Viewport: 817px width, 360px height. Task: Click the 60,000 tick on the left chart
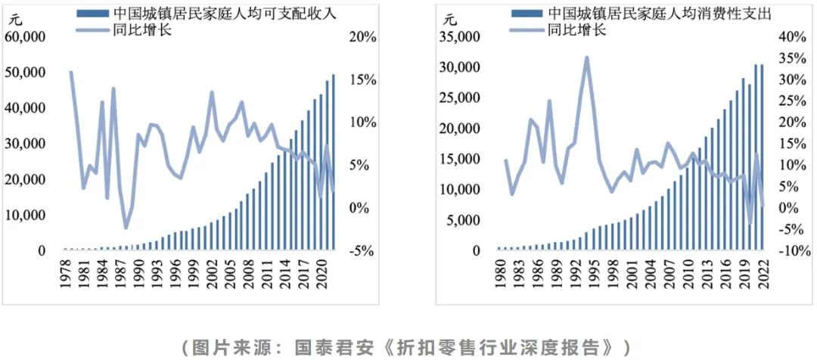click(26, 36)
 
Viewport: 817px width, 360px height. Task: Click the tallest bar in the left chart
click(333, 162)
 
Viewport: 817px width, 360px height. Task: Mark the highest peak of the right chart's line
click(586, 58)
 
